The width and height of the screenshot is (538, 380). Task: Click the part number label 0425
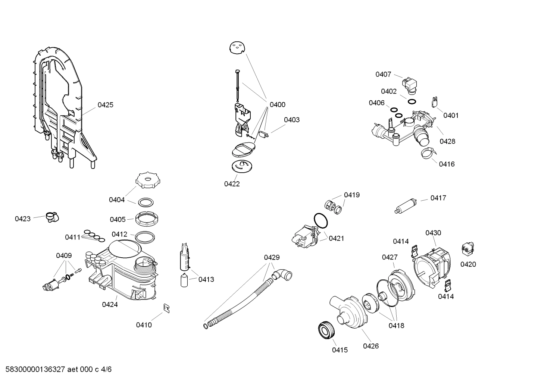105,105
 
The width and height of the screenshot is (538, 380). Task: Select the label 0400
277,105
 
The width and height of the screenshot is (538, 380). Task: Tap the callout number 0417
438,198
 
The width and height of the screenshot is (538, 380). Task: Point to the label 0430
433,233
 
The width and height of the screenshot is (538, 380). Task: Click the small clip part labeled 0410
167,307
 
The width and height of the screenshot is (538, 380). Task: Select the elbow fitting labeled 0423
52,217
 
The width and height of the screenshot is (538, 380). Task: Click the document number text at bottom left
56,370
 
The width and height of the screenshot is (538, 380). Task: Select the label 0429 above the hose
272,258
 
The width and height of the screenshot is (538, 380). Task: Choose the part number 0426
370,346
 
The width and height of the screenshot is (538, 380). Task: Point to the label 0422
232,184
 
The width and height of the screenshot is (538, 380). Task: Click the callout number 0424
110,305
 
